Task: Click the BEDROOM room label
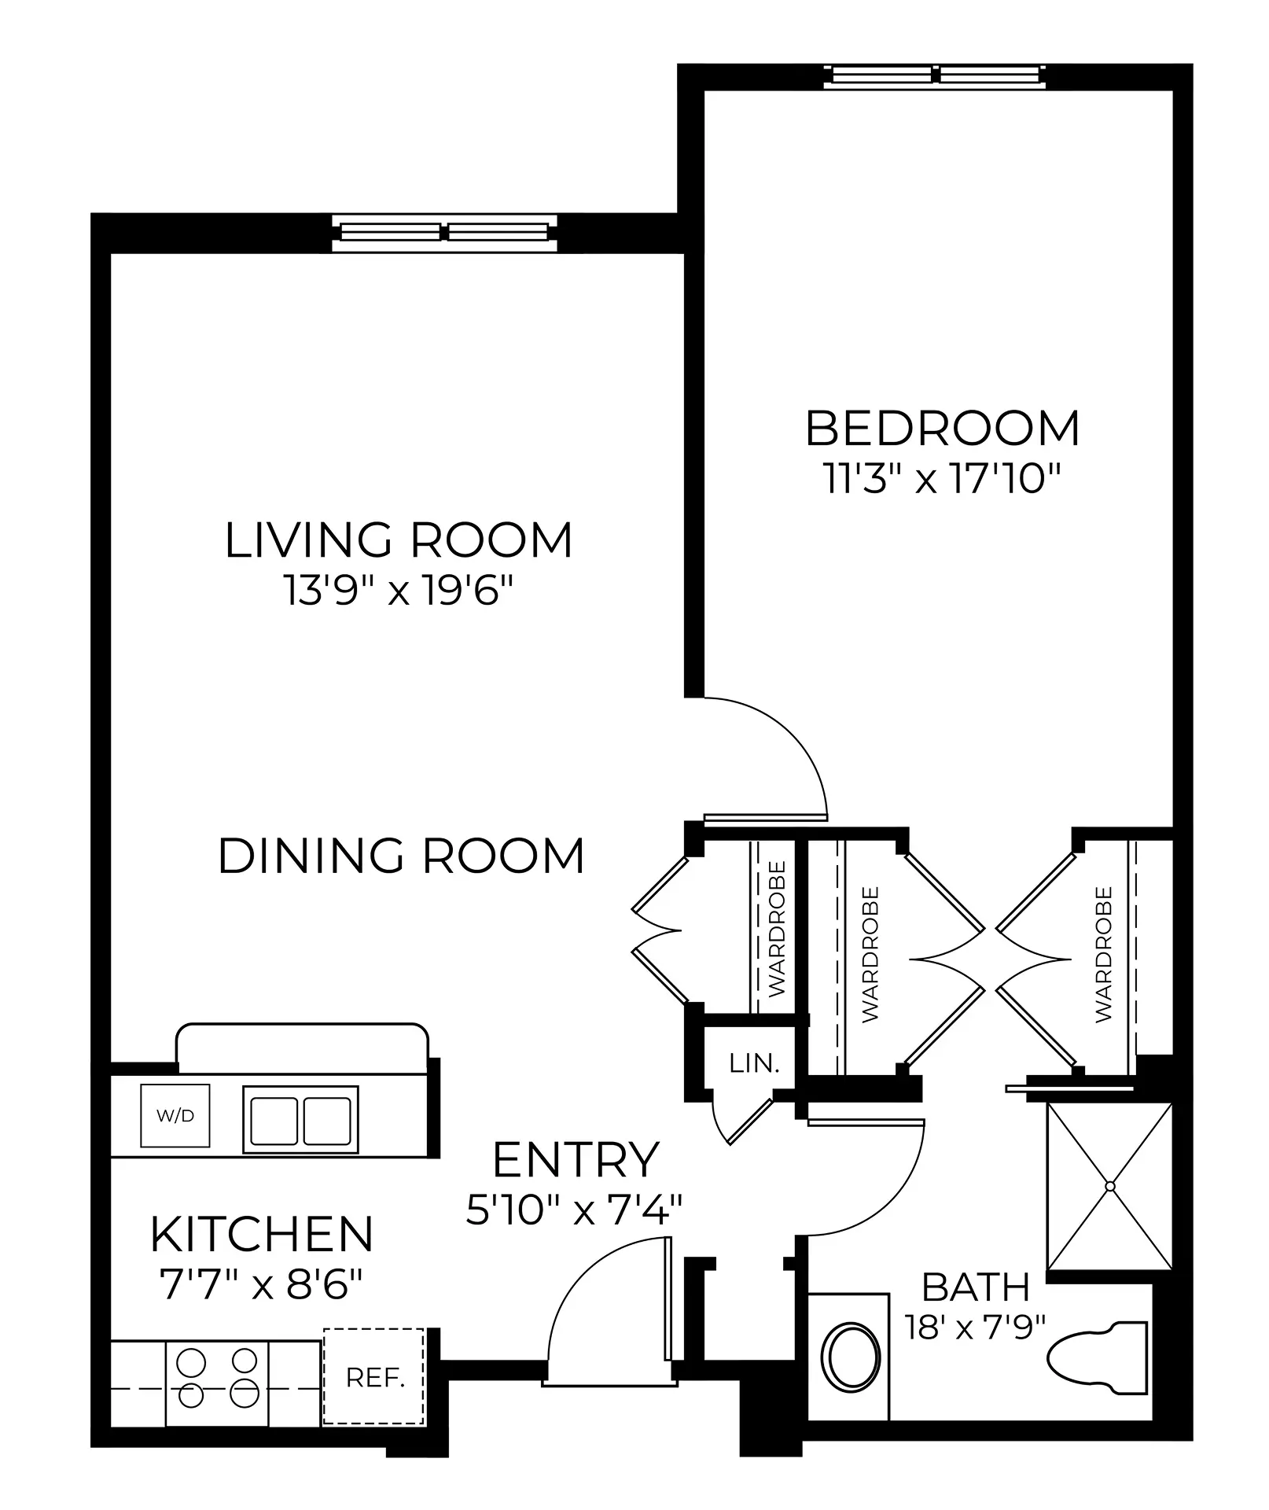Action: point(942,429)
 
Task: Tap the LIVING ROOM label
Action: point(399,540)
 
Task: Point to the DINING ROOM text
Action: point(401,856)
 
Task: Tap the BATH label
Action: point(976,1287)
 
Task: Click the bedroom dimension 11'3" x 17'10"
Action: point(942,477)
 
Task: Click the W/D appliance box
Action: point(175,1115)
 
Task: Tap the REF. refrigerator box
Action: point(374,1377)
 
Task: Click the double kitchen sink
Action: point(301,1120)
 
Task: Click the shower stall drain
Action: point(1110,1185)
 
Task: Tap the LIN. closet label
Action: point(755,1063)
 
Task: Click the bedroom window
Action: point(935,76)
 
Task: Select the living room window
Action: point(444,233)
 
